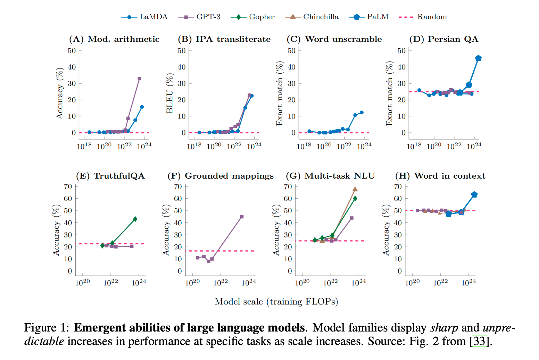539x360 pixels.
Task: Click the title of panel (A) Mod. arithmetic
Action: (114, 39)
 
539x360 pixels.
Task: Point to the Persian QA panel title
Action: (443, 39)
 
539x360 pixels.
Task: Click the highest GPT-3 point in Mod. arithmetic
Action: (139, 79)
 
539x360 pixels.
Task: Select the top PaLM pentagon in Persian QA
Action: (478, 58)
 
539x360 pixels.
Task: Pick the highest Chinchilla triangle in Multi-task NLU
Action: (355, 189)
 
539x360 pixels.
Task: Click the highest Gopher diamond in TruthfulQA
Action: (135, 219)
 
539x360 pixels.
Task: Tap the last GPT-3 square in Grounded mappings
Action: (242, 217)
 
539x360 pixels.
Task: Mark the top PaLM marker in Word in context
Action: (474, 195)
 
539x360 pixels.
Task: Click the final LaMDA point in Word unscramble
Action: (362, 113)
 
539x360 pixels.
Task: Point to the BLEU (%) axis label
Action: (169, 93)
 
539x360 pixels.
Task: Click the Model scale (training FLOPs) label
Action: (276, 302)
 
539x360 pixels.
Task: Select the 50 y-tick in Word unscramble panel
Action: (291, 51)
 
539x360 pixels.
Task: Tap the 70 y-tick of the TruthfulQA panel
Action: (68, 187)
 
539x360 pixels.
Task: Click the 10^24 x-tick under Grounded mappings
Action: (249, 283)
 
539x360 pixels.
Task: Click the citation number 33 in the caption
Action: (479, 341)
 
